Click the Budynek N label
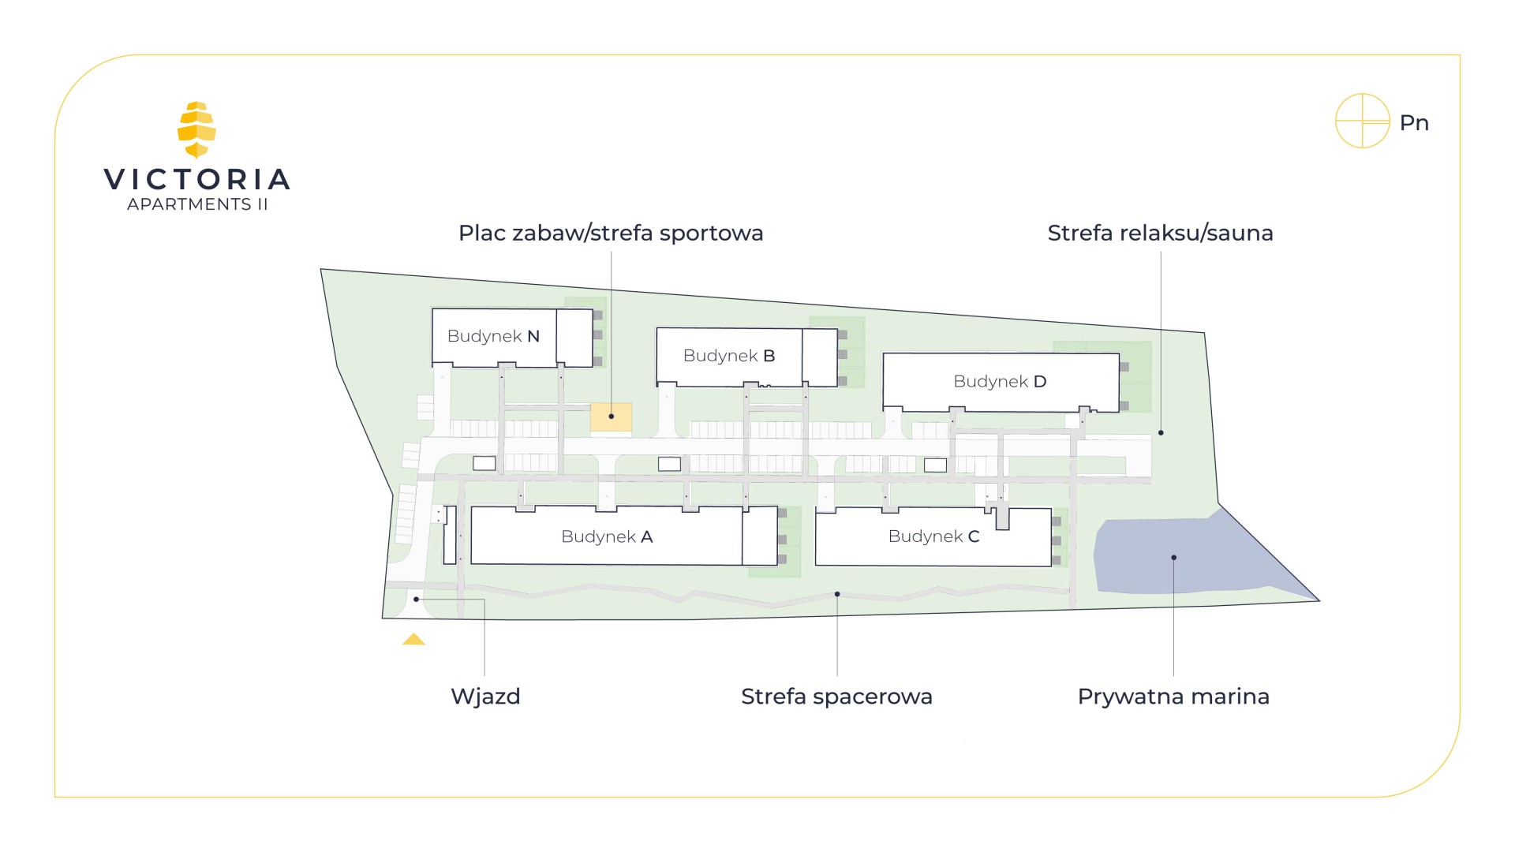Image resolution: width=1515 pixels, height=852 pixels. click(x=493, y=336)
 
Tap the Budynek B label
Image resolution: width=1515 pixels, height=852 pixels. click(x=729, y=356)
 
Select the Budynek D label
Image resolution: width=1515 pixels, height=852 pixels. click(x=1000, y=382)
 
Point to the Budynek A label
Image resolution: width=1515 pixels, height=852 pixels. click(x=607, y=537)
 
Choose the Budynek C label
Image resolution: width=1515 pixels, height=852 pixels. click(x=933, y=536)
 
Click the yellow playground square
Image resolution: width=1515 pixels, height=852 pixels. click(x=611, y=417)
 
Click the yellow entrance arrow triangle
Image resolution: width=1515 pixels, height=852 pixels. click(x=413, y=639)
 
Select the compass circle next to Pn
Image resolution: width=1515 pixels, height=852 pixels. click(x=1362, y=121)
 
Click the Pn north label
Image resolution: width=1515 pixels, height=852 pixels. click(x=1414, y=123)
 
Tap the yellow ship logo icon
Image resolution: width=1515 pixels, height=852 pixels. click(x=196, y=129)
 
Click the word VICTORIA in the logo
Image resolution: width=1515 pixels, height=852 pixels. click(x=197, y=180)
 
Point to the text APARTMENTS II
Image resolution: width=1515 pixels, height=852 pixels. click(x=197, y=204)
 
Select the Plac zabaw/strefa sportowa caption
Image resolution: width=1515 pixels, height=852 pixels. click(x=611, y=234)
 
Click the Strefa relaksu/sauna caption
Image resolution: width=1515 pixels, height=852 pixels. click(x=1160, y=234)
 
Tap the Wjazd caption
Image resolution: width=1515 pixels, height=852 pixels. click(x=485, y=697)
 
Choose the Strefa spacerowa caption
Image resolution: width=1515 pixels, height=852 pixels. click(x=836, y=697)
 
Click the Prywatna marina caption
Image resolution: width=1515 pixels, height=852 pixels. click(x=1173, y=697)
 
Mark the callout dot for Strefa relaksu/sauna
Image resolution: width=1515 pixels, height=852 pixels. click(x=1161, y=433)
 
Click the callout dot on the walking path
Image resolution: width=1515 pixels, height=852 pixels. click(x=837, y=594)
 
